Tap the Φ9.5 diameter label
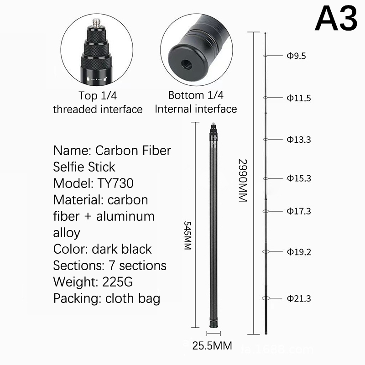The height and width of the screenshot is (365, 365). [x=296, y=56]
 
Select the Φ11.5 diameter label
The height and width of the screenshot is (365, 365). [x=299, y=98]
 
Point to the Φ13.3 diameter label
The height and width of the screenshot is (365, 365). [x=299, y=140]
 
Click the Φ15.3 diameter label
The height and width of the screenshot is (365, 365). [x=299, y=178]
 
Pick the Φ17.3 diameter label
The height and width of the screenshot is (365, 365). [x=299, y=211]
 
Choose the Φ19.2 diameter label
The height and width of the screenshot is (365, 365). [x=299, y=252]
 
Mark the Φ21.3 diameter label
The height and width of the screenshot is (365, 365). [x=299, y=298]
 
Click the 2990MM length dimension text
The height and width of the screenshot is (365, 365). [x=243, y=180]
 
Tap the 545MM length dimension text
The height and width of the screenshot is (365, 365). [x=188, y=235]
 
